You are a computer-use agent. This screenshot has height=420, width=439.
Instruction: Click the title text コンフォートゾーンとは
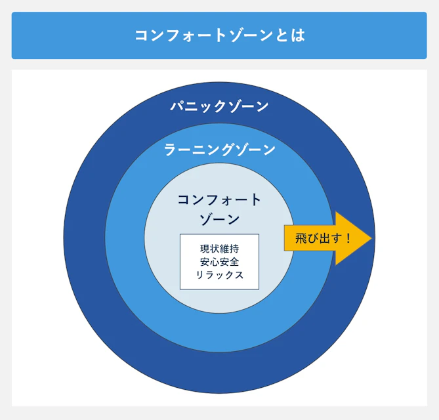tap(219, 35)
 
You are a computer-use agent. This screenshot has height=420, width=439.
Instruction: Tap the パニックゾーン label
tap(219, 106)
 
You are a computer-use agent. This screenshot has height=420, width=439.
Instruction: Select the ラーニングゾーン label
tap(219, 150)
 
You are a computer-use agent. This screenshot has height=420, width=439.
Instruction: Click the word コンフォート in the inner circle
tap(219, 199)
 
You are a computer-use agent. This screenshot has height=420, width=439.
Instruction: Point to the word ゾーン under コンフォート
tap(219, 219)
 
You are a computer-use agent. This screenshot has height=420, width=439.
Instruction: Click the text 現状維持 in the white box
tap(219, 249)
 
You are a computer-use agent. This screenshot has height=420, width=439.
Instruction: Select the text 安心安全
tap(219, 262)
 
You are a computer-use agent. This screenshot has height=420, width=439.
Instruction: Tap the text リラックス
tap(219, 275)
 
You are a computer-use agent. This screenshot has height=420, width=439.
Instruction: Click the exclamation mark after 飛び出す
tap(348, 238)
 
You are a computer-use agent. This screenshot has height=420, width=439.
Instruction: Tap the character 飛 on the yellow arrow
tap(301, 238)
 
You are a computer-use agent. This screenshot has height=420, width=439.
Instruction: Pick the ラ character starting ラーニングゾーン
tap(170, 150)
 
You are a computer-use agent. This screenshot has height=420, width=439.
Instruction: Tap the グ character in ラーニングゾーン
tap(227, 150)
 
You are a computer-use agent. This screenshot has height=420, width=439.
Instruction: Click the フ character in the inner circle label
tap(209, 199)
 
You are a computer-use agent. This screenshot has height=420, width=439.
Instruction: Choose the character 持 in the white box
tap(234, 249)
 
